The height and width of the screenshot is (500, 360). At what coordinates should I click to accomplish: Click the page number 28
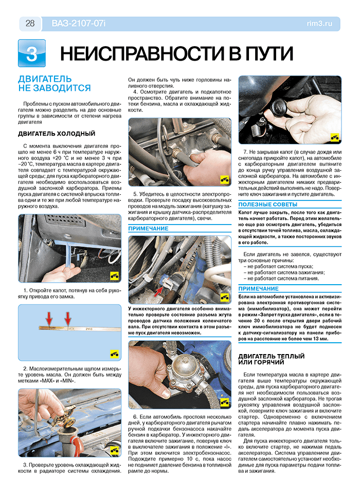30,23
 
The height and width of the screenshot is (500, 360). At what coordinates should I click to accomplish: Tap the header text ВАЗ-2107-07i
78,23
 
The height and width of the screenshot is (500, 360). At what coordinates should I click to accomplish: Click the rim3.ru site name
322,23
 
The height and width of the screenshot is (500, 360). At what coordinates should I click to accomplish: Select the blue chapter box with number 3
31,53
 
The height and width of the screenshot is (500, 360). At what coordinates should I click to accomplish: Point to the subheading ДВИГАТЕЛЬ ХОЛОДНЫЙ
57,134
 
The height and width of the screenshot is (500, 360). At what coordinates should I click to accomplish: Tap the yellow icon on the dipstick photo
114,354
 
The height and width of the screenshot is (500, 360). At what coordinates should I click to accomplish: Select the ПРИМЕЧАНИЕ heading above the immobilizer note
258,289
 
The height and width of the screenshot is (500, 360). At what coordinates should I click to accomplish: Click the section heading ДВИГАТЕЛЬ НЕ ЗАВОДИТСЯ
54,83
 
